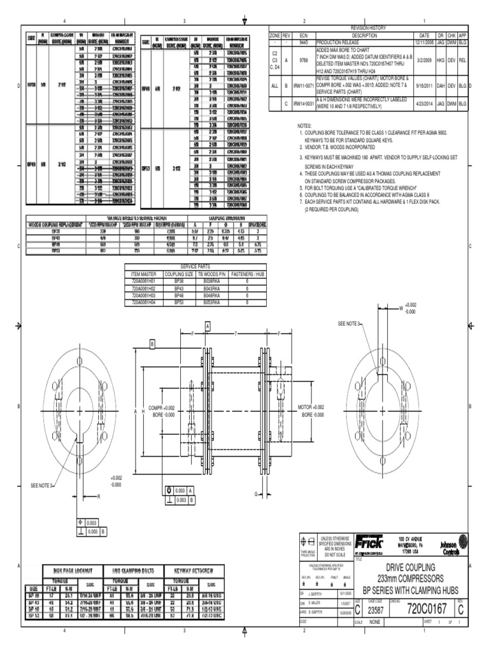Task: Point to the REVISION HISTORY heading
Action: pos(369,29)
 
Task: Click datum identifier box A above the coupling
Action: pos(208,325)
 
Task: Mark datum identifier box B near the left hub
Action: pos(152,343)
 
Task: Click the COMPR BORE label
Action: pos(161,411)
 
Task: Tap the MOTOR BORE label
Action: pos(312,411)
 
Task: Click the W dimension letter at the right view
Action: pos(401,308)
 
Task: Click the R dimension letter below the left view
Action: pos(99,495)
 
